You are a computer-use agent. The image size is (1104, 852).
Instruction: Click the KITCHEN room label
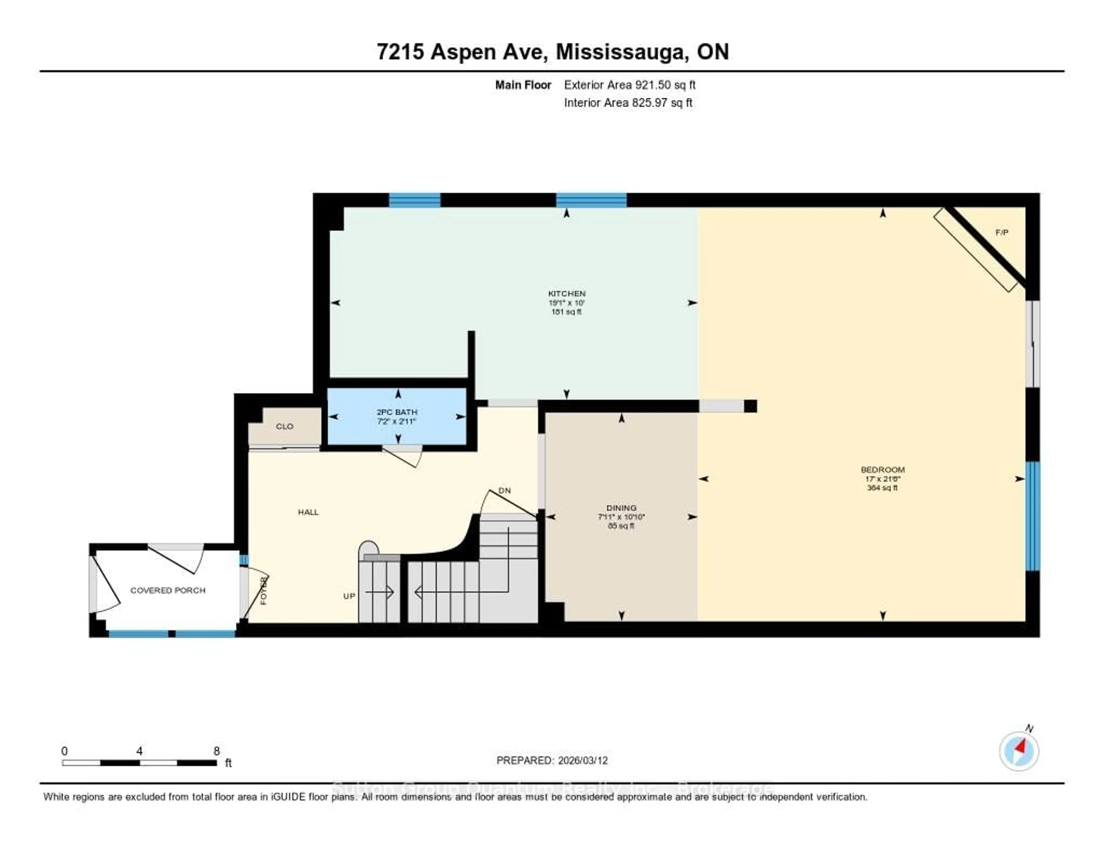(x=567, y=293)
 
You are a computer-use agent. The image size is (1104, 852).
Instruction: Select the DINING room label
(x=621, y=508)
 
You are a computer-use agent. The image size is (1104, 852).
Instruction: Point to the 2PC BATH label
(x=397, y=412)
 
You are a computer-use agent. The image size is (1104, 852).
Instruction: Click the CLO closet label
(x=285, y=426)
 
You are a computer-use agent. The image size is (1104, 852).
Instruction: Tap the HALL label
(x=308, y=512)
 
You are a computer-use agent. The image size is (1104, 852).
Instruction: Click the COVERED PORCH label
(x=168, y=590)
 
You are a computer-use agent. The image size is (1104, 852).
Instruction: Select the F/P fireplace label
(x=1001, y=232)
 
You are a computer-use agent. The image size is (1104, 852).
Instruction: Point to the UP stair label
(x=349, y=596)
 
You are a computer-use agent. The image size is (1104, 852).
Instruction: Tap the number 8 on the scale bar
(x=216, y=751)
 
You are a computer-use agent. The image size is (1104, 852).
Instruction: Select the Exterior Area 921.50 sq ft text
(x=629, y=85)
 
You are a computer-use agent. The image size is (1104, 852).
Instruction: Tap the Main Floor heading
(x=523, y=85)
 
